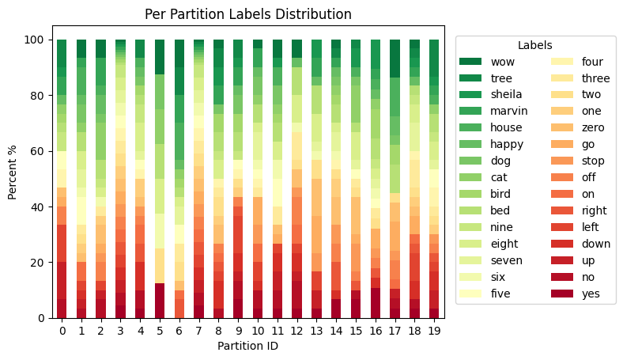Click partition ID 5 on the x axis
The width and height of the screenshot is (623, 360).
pyautogui.click(x=160, y=328)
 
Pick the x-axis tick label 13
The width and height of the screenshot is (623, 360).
pyautogui.click(x=316, y=328)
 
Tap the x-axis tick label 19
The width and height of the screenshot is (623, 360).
pyautogui.click(x=434, y=328)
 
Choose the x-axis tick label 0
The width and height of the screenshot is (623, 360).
pyautogui.click(x=62, y=328)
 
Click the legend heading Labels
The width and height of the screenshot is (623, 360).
pyautogui.click(x=534, y=45)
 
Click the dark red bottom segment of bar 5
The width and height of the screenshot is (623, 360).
pyautogui.click(x=160, y=301)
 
